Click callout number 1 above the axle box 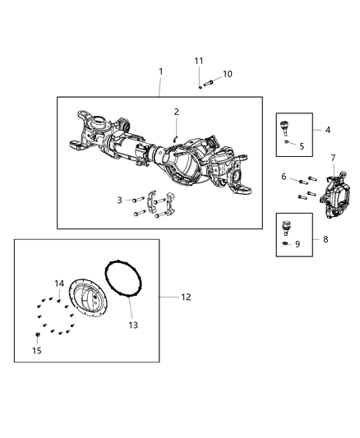(x=161, y=71)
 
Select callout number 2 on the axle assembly (x=176, y=112)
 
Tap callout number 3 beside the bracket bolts (x=120, y=200)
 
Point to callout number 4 (x=328, y=130)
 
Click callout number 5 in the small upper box (x=301, y=146)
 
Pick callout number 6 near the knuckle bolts (x=284, y=177)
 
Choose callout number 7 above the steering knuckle (x=333, y=157)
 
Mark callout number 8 (x=329, y=239)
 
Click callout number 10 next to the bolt (x=228, y=74)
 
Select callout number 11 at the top (x=199, y=61)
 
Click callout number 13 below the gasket (x=132, y=325)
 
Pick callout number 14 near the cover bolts (x=59, y=284)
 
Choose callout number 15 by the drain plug (x=35, y=351)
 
